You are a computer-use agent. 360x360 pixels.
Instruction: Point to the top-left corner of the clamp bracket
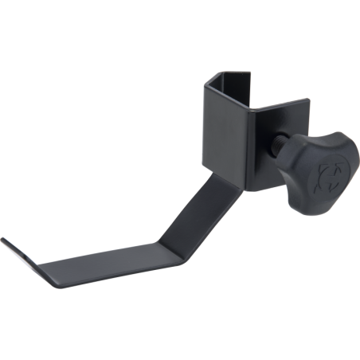(x=209, y=77)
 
